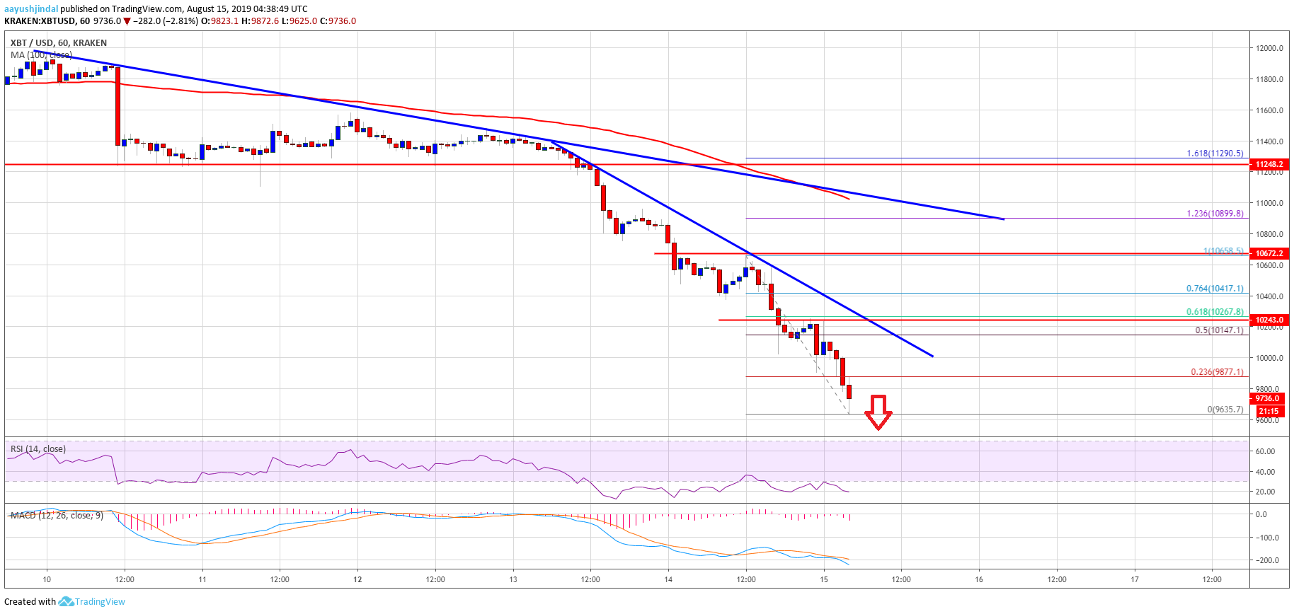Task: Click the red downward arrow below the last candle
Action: tap(878, 412)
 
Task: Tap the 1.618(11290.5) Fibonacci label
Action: tap(1215, 153)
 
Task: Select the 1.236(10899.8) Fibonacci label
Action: tap(1215, 214)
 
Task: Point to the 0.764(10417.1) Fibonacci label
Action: tap(1215, 289)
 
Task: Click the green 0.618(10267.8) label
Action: tap(1215, 312)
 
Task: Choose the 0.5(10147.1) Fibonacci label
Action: tap(1219, 330)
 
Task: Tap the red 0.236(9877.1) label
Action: tap(1217, 372)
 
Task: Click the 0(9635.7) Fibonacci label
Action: tap(1225, 410)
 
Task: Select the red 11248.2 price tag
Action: tap(1269, 164)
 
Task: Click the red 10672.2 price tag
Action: tap(1269, 253)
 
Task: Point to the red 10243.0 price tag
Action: tap(1269, 320)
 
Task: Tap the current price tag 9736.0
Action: tap(1267, 398)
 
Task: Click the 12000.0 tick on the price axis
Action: tap(1269, 48)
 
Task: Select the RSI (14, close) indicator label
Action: tap(38, 449)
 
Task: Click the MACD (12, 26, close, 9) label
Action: tap(57, 516)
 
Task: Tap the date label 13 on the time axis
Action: tap(513, 579)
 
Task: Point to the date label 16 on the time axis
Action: tap(979, 579)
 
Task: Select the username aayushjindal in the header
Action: tap(31, 9)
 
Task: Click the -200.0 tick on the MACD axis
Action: tap(1266, 560)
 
